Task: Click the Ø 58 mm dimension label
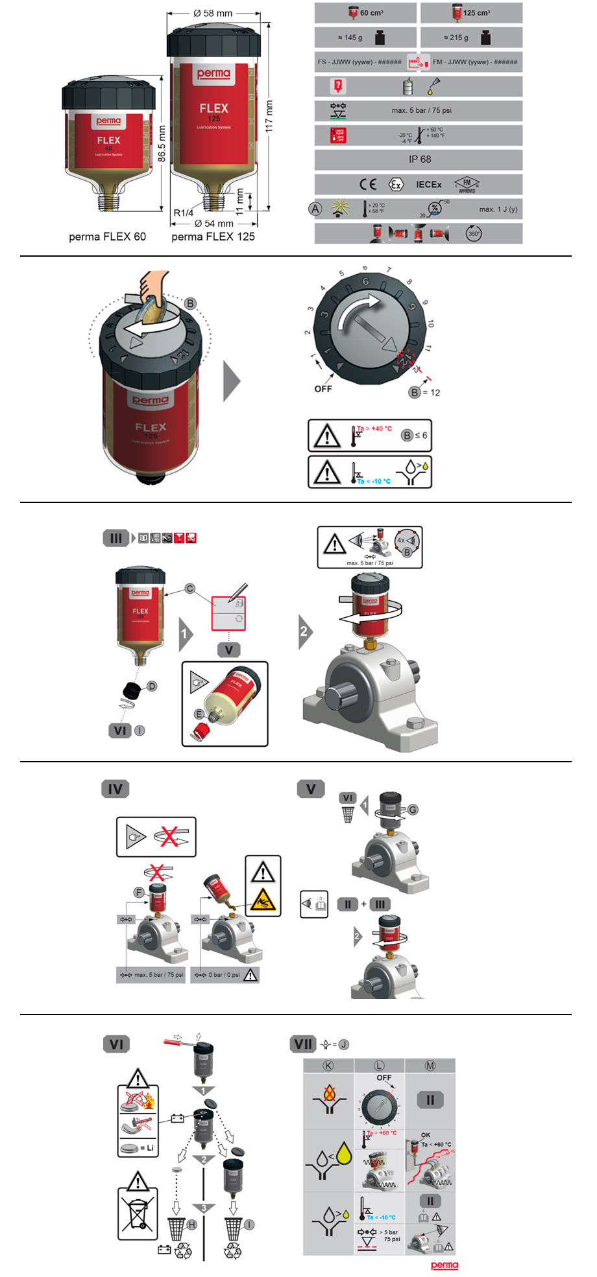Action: tap(213, 13)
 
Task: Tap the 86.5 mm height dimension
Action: tap(162, 144)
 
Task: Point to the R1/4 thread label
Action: tap(184, 213)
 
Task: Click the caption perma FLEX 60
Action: tap(107, 237)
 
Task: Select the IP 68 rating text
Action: tap(419, 159)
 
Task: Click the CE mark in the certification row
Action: tap(368, 184)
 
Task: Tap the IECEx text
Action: tap(428, 185)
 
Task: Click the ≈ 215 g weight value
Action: tap(456, 38)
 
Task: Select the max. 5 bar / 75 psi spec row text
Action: tap(421, 110)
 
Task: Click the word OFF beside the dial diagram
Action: tap(323, 389)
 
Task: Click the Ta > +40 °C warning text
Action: tap(374, 428)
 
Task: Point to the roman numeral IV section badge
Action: tap(116, 789)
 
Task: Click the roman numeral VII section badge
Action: tap(303, 1044)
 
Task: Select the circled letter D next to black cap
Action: tap(152, 686)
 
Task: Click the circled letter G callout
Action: tap(413, 809)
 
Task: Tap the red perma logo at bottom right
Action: tap(445, 1265)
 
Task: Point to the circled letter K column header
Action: tap(328, 1066)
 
